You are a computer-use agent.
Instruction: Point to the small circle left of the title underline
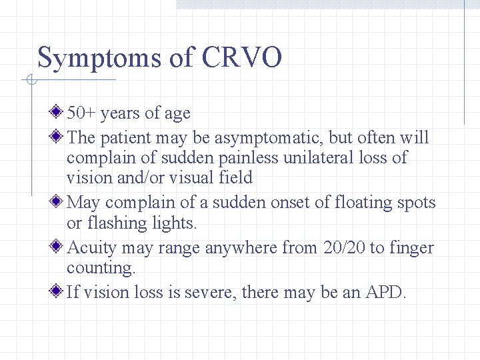click(x=31, y=81)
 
